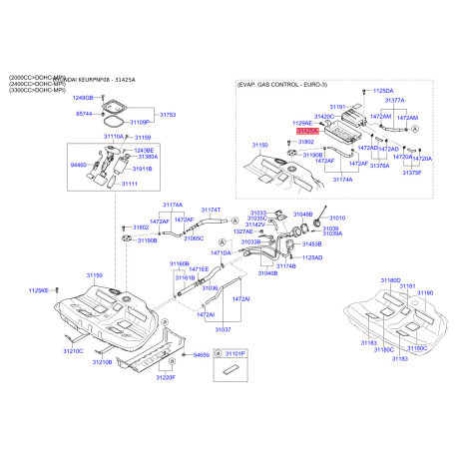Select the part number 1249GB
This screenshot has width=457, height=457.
pyautogui.click(x=82, y=98)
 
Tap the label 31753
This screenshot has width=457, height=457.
pyautogui.click(x=167, y=116)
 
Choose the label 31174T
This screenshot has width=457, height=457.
pyautogui.click(x=211, y=210)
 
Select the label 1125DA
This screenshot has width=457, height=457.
pyautogui.click(x=383, y=91)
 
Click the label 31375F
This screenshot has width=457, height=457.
pyautogui.click(x=412, y=173)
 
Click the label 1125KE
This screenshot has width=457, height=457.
pyautogui.click(x=38, y=290)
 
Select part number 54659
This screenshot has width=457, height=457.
pyautogui.click(x=202, y=354)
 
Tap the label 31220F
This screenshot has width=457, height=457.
pyautogui.click(x=166, y=378)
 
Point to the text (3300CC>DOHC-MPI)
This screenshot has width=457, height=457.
pyautogui.click(x=37, y=91)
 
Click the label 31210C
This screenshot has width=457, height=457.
pyautogui.click(x=73, y=351)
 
